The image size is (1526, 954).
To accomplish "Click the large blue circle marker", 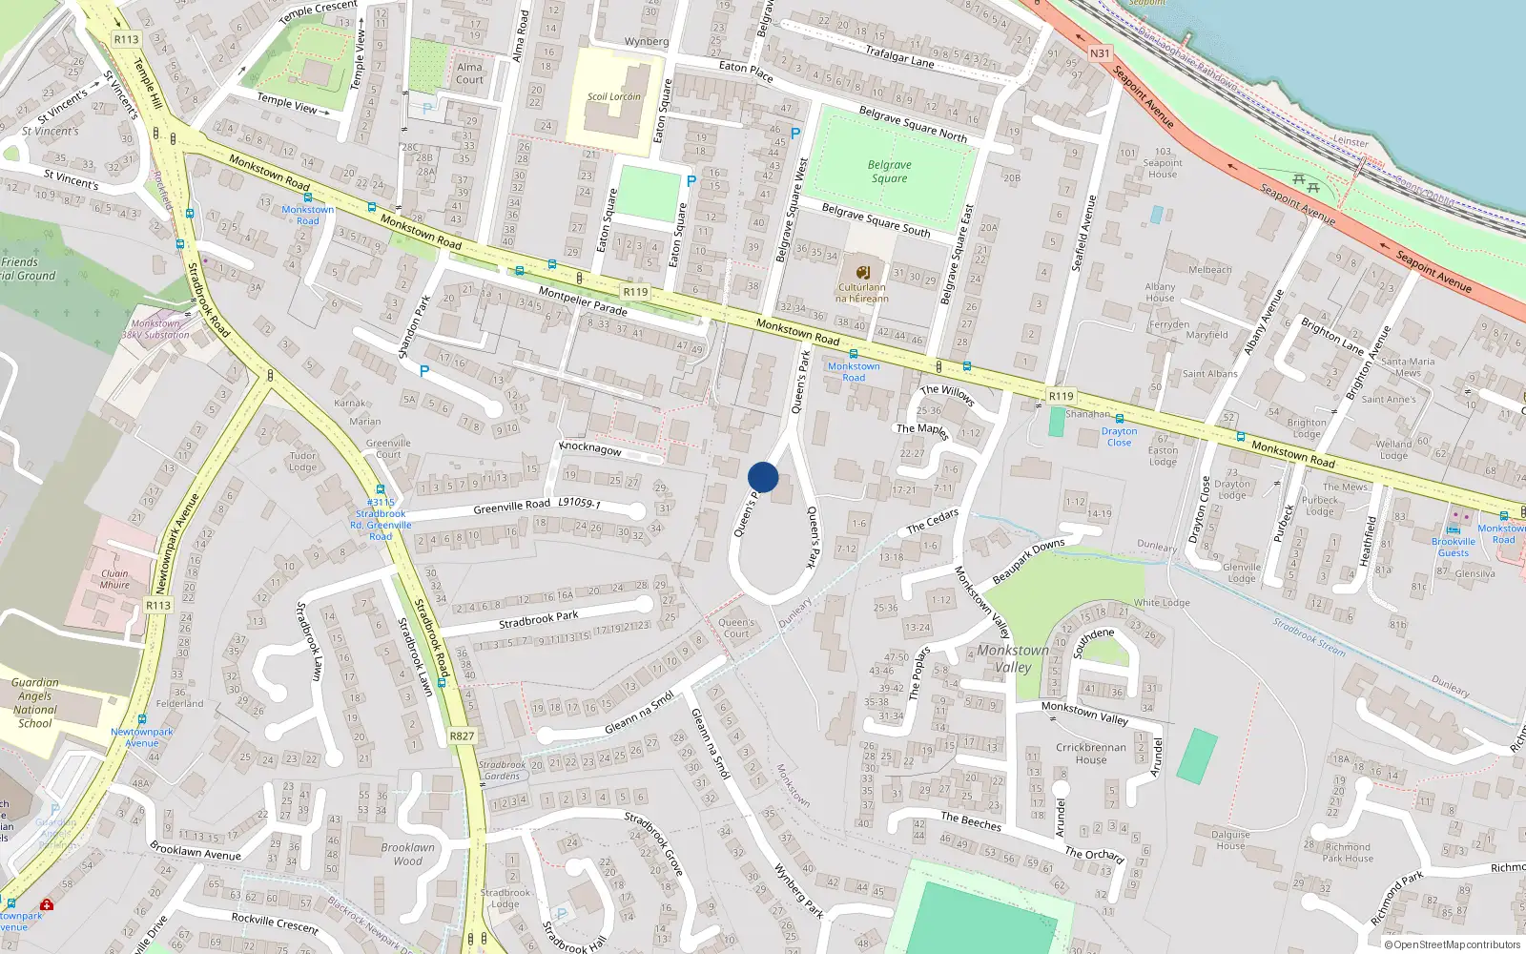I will point(763,477).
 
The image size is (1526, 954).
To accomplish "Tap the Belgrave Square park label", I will point(889,172).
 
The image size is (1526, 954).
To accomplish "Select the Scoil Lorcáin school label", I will point(613,96).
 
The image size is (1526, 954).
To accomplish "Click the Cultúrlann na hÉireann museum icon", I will point(862,272).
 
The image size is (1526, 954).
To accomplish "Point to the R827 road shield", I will point(462,736).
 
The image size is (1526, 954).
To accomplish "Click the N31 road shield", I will point(1100,53).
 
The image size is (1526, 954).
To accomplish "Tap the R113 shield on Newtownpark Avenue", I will point(158,605).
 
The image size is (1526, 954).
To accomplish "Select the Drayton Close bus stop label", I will point(1119,437).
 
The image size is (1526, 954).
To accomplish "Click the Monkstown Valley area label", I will point(1013,658).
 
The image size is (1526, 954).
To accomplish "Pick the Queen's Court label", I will point(735,628).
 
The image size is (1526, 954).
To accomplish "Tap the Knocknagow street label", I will point(590,447).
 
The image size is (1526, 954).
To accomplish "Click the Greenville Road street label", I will point(511,507).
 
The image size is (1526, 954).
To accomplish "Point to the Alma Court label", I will point(469,73).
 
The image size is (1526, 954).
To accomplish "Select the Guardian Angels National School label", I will point(35,703).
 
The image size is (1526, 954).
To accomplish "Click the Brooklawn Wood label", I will point(407,854).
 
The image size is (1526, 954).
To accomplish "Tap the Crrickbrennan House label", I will point(1091,754).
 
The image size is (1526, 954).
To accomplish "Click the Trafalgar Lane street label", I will point(899,56).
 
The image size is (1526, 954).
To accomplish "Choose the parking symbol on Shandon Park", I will point(424,370).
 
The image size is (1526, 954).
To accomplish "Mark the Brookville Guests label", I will point(1454,547).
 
